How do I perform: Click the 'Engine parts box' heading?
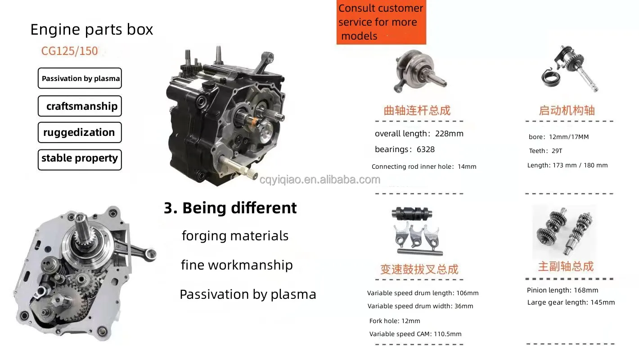pos(91,30)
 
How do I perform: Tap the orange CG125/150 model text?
pos(70,51)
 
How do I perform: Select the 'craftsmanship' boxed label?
pos(80,106)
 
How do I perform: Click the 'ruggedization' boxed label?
pos(80,132)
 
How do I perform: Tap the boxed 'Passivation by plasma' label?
pos(80,78)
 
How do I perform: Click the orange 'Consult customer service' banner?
pos(382,22)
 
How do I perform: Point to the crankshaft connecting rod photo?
pos(419,71)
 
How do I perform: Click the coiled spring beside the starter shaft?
pos(550,78)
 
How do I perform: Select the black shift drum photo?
pos(412,213)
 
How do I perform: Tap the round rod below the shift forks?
pos(420,252)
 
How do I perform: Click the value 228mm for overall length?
pos(449,134)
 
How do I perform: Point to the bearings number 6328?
pos(426,149)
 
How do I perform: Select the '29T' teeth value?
pos(557,151)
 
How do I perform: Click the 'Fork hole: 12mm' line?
pos(395,321)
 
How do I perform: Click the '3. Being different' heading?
pos(230,207)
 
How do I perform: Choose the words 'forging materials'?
pos(235,236)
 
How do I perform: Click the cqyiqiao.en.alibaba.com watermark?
pos(320,180)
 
